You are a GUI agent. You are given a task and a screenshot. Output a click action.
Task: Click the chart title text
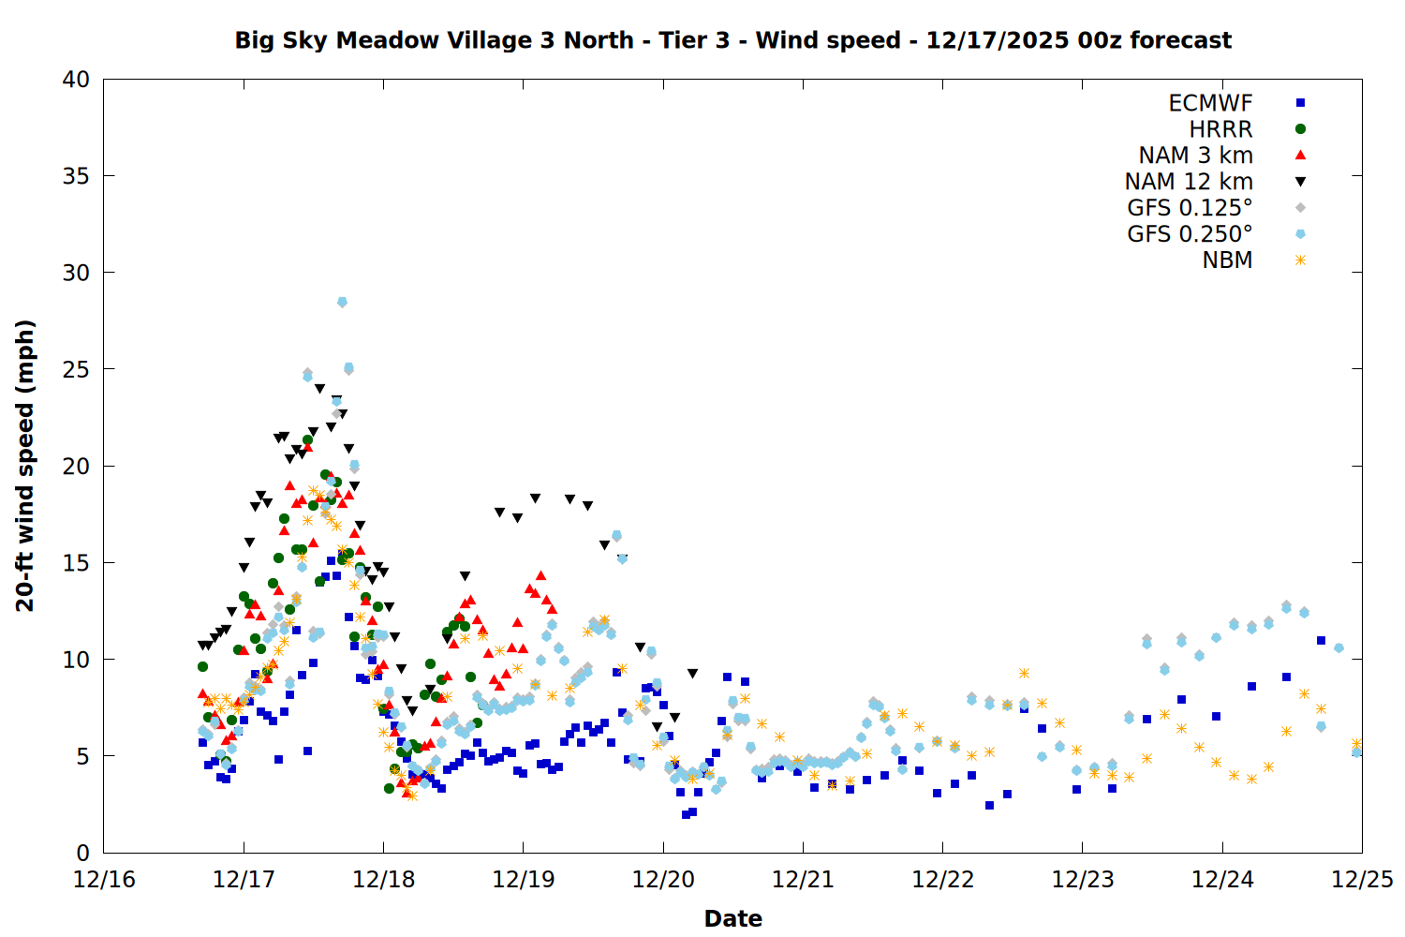[732, 40]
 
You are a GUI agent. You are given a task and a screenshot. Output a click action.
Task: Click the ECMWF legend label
[1210, 103]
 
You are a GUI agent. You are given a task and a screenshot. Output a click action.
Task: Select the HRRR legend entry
[1220, 129]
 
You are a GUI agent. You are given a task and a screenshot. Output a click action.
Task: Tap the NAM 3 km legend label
[1195, 156]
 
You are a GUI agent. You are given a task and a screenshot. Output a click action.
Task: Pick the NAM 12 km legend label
[1189, 182]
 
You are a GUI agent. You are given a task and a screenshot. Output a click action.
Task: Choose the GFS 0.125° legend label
[1190, 208]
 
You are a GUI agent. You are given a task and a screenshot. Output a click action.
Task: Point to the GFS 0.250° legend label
[1190, 234]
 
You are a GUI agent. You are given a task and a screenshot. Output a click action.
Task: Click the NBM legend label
[1227, 260]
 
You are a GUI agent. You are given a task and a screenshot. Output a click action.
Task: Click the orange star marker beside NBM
[1300, 260]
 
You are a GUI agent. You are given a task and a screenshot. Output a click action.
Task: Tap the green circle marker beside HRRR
[1300, 129]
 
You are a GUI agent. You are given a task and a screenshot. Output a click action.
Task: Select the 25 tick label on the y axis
[76, 369]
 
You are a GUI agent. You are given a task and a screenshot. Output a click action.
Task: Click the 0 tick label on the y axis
[82, 853]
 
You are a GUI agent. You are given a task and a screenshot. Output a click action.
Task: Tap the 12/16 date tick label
[104, 880]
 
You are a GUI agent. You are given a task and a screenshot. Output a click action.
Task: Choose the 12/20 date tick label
[663, 880]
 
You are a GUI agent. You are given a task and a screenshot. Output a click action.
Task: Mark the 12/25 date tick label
[1362, 880]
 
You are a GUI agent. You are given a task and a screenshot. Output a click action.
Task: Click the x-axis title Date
[732, 918]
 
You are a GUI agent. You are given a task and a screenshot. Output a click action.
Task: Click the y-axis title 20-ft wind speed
[25, 466]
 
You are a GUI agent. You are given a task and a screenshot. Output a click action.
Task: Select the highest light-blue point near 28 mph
[342, 302]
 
